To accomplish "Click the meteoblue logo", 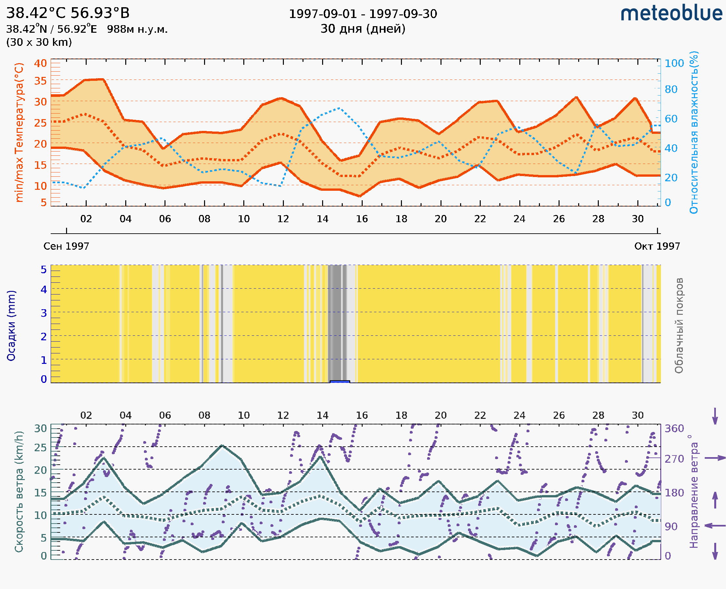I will tap(671, 13).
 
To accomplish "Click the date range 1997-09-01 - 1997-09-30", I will tap(362, 14).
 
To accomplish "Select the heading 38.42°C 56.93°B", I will tap(68, 13).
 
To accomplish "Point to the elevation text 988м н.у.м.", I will tap(137, 29).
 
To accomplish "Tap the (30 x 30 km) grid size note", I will tap(39, 42).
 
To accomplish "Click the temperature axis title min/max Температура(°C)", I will tap(19, 132).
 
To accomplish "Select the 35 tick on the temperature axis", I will tap(40, 81).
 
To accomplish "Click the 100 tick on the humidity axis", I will tap(674, 63).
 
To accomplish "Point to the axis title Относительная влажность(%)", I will tap(694, 132).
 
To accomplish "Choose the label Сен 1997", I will tap(66, 246).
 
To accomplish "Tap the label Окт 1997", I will tap(657, 246).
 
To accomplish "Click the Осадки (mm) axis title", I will tap(11, 325).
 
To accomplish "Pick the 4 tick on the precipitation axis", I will tap(44, 289).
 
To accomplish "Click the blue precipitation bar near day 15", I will tap(340, 382).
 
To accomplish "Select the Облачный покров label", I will tap(679, 325).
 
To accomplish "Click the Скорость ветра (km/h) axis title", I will tap(19, 491).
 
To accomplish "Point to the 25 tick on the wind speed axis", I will tap(40, 448).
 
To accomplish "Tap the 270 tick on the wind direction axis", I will tap(674, 459).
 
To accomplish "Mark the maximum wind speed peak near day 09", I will tap(222, 445).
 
